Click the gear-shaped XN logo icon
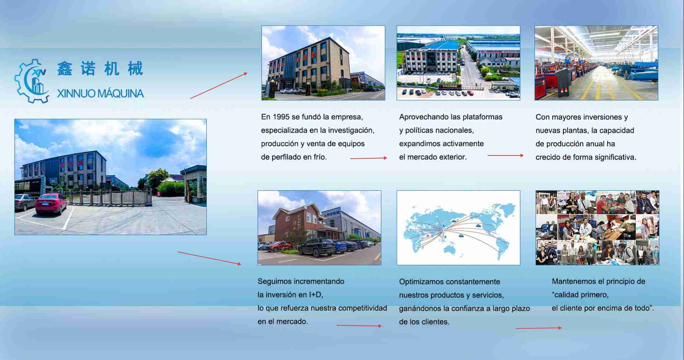tap(31, 81)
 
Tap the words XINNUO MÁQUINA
tap(100, 94)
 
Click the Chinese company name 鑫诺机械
tap(100, 68)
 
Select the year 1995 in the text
tap(281, 117)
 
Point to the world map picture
tap(458, 228)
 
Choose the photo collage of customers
tap(597, 228)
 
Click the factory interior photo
tap(596, 63)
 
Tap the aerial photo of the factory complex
tap(458, 63)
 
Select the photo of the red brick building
tap(319, 228)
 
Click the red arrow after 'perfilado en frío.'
tap(369, 158)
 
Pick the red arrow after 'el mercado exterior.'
tap(505, 155)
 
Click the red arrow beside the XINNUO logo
tap(219, 85)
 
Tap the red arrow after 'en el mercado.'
tap(359, 325)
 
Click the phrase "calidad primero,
tap(580, 295)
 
